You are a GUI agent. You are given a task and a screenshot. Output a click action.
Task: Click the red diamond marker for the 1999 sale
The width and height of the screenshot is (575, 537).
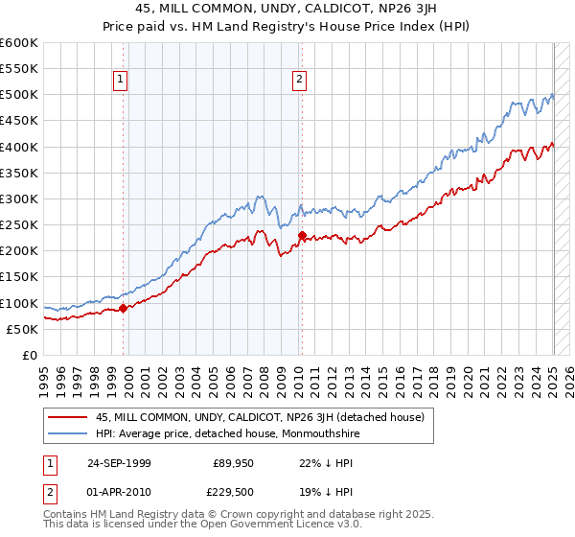tap(124, 309)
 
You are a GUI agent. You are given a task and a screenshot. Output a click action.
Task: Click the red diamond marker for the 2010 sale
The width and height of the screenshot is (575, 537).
tap(302, 235)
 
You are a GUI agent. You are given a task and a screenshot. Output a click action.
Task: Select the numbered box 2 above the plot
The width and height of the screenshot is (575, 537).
tap(300, 80)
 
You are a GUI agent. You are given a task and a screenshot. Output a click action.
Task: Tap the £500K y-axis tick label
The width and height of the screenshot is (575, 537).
tap(19, 94)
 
